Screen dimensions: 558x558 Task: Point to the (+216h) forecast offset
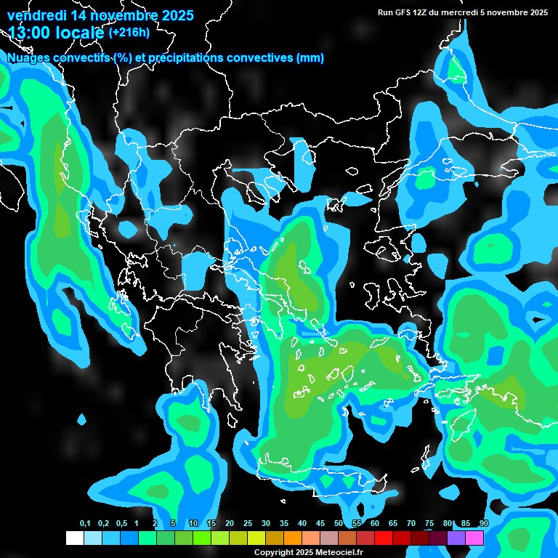(129, 33)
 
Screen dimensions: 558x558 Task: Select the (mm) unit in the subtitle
(310, 58)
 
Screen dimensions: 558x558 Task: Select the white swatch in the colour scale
(75, 538)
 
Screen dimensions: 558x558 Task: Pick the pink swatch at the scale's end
(474, 538)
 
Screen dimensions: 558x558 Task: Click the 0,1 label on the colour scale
(85, 524)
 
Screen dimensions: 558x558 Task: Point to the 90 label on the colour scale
(484, 524)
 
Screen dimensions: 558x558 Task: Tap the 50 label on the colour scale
(339, 524)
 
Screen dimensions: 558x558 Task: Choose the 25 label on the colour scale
(248, 524)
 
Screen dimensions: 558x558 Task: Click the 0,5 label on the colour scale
(121, 524)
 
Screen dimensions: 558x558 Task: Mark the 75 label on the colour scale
(429, 524)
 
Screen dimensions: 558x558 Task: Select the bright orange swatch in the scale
(293, 538)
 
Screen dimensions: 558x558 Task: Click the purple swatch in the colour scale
(456, 538)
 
